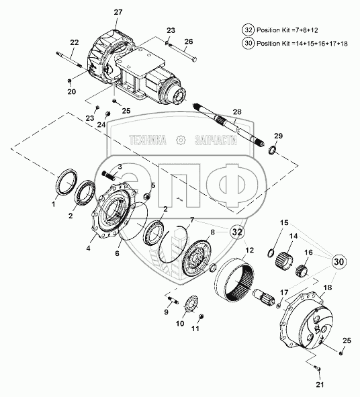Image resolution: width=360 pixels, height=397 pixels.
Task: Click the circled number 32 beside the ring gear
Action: pyautogui.click(x=237, y=232)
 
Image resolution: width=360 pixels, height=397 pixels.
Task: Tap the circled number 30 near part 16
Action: pyautogui.click(x=339, y=261)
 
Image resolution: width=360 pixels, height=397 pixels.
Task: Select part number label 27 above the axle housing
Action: pyautogui.click(x=118, y=12)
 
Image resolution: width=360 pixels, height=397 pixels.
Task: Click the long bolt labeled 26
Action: pyautogui.click(x=183, y=52)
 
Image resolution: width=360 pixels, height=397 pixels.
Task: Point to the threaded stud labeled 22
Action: pyautogui.click(x=69, y=59)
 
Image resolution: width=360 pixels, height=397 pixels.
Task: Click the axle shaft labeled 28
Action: pyautogui.click(x=228, y=125)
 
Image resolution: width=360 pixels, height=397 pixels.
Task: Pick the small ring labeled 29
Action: pyautogui.click(x=272, y=149)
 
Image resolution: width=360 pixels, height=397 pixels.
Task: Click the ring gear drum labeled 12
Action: pyautogui.click(x=234, y=279)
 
